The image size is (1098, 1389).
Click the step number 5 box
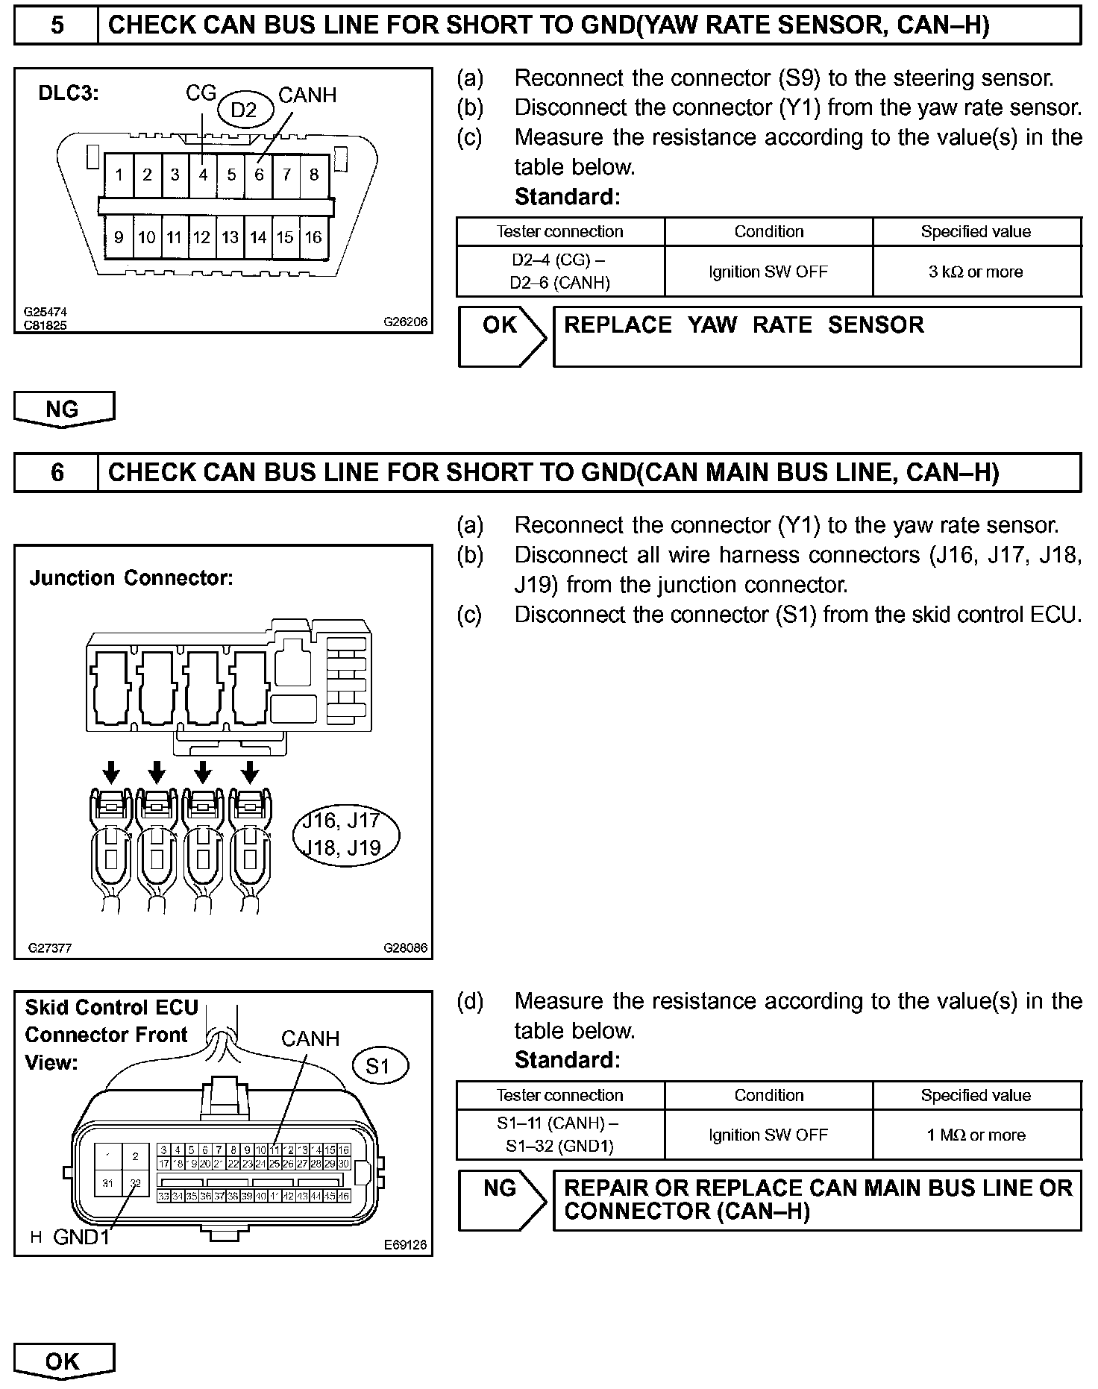(57, 26)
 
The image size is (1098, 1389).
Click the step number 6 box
(57, 473)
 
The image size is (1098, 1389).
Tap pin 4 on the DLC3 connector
(203, 175)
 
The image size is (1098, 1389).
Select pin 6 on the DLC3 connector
(259, 175)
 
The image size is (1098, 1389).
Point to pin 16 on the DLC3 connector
(313, 237)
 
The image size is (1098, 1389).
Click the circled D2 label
(244, 110)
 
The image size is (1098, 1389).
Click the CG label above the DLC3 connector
(201, 93)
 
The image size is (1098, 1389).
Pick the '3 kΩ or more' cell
(976, 272)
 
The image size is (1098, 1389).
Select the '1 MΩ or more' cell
(976, 1135)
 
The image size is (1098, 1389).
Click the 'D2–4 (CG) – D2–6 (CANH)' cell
(560, 272)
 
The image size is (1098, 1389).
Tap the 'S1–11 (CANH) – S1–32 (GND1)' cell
(560, 1135)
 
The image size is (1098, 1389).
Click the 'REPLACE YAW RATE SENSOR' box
(817, 336)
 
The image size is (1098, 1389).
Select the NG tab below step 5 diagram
(63, 409)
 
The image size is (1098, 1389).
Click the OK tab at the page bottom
(63, 1361)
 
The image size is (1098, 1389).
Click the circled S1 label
(378, 1067)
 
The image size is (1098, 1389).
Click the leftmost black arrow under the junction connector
(111, 771)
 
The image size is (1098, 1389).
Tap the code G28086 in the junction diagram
(406, 948)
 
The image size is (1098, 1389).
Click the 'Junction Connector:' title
(131, 578)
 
